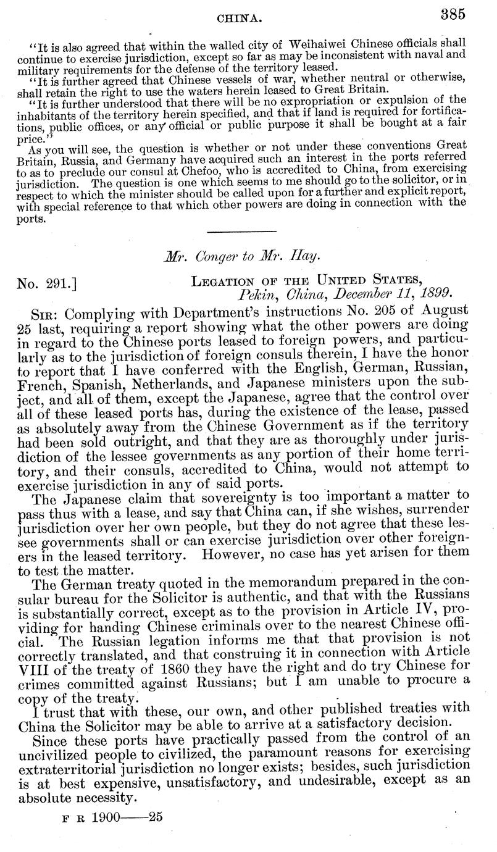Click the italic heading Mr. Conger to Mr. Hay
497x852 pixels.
click(x=249, y=256)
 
